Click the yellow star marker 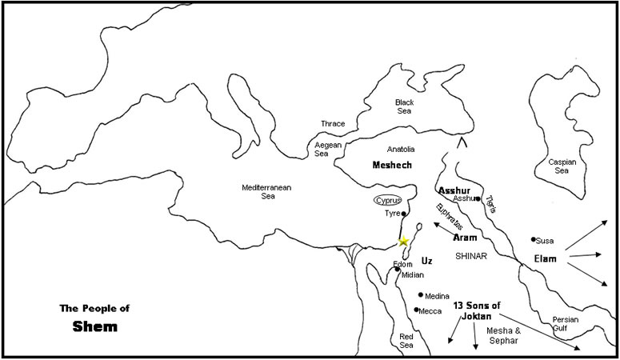(x=403, y=242)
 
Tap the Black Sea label (x=405, y=107)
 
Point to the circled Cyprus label (x=387, y=200)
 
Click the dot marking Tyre (x=405, y=214)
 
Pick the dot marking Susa (x=533, y=239)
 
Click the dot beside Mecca (x=416, y=310)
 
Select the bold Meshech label (x=391, y=164)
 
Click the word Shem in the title (x=94, y=326)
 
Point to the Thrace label (x=332, y=124)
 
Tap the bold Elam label (x=546, y=258)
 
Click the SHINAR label (x=470, y=256)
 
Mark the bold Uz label (x=426, y=260)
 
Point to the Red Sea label (x=406, y=342)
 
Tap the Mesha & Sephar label (x=504, y=334)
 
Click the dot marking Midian (x=397, y=270)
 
